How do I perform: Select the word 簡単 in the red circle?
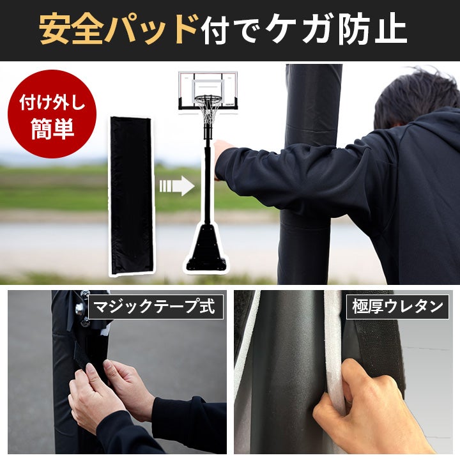click(x=52, y=128)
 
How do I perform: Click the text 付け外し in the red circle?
click(x=52, y=103)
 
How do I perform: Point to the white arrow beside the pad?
click(x=177, y=186)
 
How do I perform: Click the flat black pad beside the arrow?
click(x=132, y=196)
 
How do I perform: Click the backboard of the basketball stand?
click(x=208, y=89)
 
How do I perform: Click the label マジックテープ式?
click(x=155, y=307)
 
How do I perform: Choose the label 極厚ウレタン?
click(x=397, y=307)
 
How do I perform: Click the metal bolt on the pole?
click(x=80, y=309)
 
